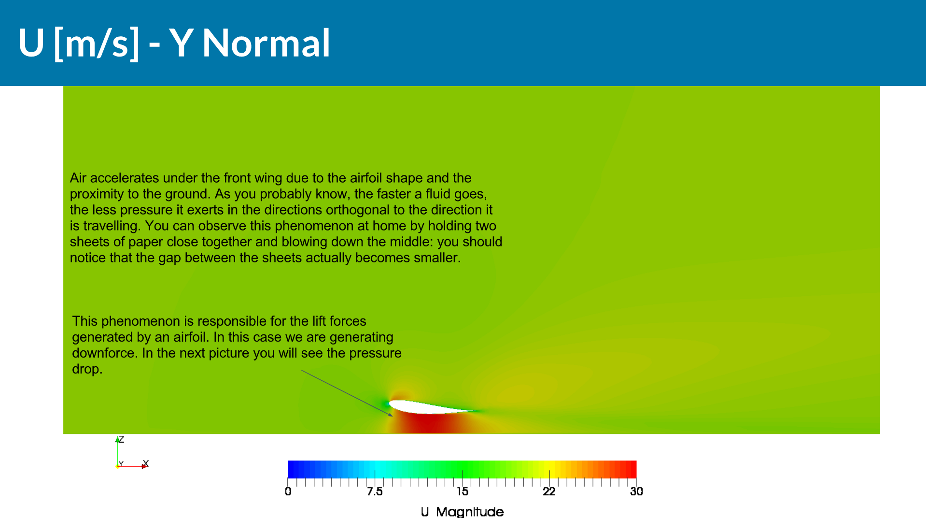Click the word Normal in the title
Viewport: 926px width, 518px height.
266,43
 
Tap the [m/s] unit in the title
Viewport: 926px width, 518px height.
97,43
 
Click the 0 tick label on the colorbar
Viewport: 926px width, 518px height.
288,492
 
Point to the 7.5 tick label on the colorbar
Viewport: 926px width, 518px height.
375,492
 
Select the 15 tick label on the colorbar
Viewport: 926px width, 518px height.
463,492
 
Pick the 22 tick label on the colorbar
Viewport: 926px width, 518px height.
549,492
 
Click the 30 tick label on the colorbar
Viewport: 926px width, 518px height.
636,492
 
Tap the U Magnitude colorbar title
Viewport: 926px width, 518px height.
462,512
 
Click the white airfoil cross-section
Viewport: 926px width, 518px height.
425,407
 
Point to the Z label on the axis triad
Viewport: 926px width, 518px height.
121,439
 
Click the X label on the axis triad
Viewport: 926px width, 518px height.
146,463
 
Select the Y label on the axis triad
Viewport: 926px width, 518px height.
121,464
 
